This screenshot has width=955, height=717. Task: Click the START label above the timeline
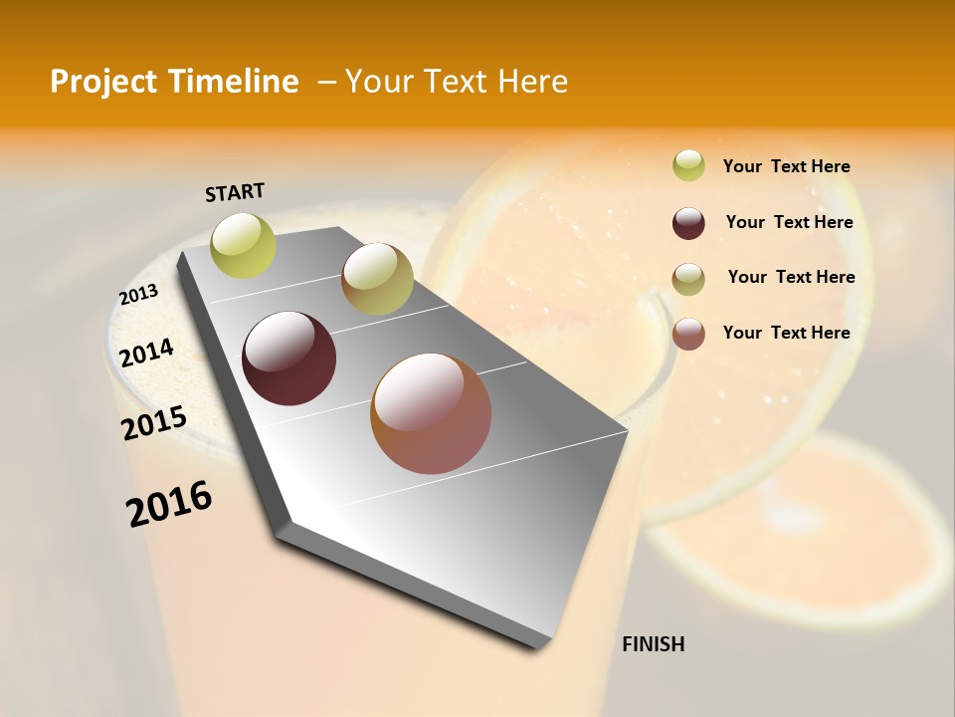coord(235,192)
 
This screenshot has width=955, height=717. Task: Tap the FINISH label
coord(653,644)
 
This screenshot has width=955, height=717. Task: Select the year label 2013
coord(138,295)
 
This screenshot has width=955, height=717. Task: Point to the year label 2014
coord(146,353)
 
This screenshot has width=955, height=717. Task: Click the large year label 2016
coord(169,504)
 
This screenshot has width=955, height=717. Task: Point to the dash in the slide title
coord(326,82)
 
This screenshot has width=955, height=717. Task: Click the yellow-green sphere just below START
coord(243,245)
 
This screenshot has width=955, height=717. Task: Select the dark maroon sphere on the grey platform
coord(288,358)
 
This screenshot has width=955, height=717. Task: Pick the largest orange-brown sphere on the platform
coord(431,413)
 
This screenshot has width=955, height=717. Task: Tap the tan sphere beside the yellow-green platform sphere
coord(377,279)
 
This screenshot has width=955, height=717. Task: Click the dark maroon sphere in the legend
coord(688,223)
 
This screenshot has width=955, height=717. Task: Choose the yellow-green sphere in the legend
coord(688,165)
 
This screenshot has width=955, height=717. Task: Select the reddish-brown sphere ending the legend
coord(688,334)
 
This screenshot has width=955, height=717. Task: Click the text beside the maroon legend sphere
coord(789,222)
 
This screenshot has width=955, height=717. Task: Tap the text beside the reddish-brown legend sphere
coord(786,333)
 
